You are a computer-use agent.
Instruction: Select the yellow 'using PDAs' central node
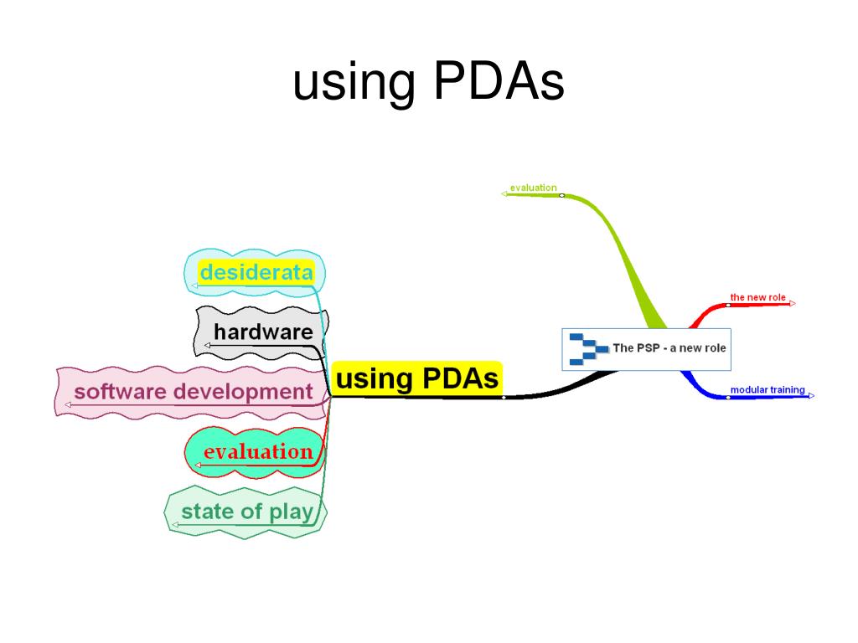tap(416, 378)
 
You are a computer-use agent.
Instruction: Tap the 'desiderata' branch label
tap(256, 272)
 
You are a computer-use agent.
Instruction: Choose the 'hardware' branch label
tap(263, 332)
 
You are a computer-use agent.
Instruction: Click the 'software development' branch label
tap(193, 391)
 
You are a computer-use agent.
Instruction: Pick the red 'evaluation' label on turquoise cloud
tap(257, 452)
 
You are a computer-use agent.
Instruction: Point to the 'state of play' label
tap(246, 511)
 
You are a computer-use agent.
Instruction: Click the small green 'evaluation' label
tap(533, 188)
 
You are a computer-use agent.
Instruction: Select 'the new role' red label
tap(757, 297)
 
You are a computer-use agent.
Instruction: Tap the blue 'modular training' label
tap(767, 390)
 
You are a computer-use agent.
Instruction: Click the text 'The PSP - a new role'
tap(669, 348)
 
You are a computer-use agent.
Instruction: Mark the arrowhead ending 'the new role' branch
tap(793, 304)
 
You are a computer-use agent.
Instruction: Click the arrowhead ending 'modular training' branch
tap(810, 396)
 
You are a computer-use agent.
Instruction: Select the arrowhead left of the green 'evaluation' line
tap(504, 194)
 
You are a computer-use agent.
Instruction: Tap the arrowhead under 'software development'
tap(68, 405)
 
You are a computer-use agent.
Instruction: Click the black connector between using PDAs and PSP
tap(553, 392)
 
